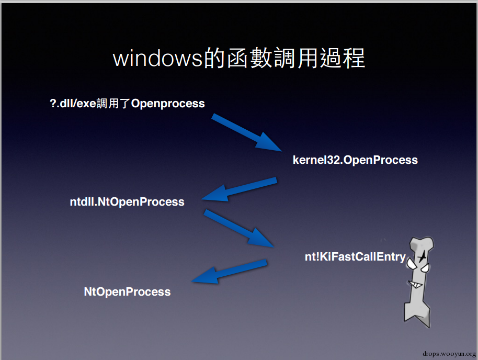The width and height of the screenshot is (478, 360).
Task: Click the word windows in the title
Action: [x=157, y=58]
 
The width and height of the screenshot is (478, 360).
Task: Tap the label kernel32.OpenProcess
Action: [x=355, y=160]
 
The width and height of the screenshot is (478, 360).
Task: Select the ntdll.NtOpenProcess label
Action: [x=127, y=202]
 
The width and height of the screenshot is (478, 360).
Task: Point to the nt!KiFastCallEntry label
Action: [x=355, y=257]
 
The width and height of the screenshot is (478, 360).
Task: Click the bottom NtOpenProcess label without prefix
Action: [x=127, y=292]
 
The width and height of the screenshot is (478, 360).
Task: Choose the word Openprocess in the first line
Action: [x=168, y=104]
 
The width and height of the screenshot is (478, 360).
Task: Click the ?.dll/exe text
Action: [x=73, y=104]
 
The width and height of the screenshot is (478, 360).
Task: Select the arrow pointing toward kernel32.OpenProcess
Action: [x=246, y=132]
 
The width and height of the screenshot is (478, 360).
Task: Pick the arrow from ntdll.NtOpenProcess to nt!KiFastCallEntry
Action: [x=238, y=228]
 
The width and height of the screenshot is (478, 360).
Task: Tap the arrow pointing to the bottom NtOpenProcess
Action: [x=229, y=272]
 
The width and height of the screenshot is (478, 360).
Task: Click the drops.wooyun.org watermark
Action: [x=449, y=354]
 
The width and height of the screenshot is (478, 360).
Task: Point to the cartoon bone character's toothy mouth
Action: [x=415, y=285]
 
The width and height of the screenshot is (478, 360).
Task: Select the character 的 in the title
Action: [x=214, y=58]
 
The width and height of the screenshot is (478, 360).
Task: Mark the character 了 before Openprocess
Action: [x=125, y=104]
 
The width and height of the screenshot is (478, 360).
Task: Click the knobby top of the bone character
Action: [x=422, y=244]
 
